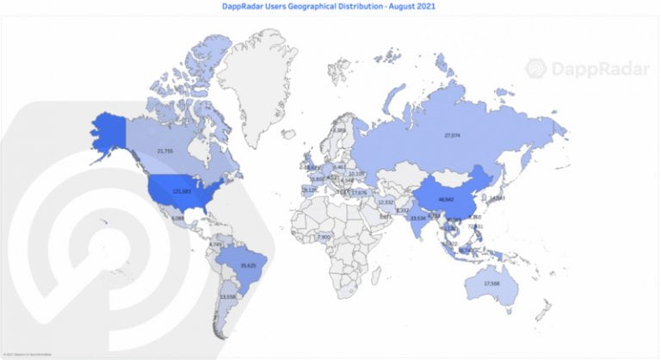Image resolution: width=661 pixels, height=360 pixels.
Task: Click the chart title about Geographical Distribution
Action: [x=330, y=6]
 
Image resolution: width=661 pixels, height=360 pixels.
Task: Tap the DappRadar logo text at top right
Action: [x=596, y=69]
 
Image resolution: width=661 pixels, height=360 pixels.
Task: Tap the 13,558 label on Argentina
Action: [x=228, y=296]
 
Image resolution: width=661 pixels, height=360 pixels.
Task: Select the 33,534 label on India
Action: [x=418, y=219]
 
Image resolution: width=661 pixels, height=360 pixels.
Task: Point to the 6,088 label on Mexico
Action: [x=178, y=219]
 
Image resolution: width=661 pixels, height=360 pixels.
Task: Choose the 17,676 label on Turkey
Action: [x=360, y=193]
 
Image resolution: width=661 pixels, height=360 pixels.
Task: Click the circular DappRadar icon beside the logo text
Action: [x=536, y=69]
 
